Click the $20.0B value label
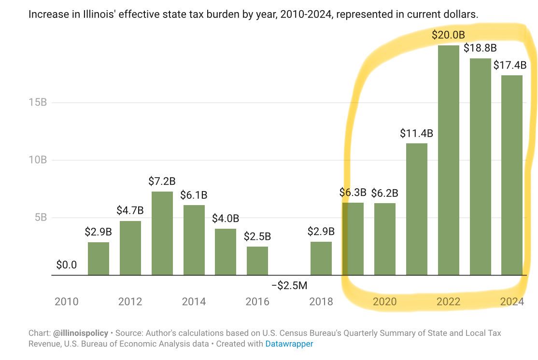tap(448, 35)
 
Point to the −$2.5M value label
tap(289, 286)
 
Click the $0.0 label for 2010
tap(66, 265)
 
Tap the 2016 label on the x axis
tap(257, 302)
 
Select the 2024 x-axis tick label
tap(512, 302)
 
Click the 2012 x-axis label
tap(130, 302)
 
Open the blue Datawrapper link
tap(289, 344)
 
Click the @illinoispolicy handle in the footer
tap(80, 333)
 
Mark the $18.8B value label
tap(480, 48)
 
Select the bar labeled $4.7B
tap(130, 248)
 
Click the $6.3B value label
tap(353, 194)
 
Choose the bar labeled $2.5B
tap(257, 261)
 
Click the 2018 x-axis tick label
tap(321, 302)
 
